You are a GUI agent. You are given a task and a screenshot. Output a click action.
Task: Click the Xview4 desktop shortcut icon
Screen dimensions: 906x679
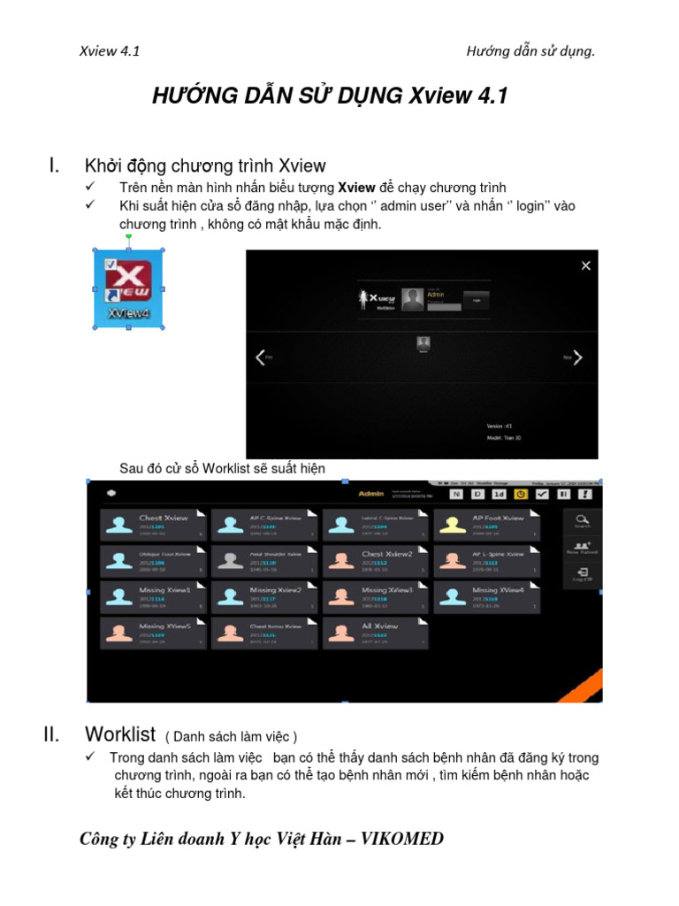(x=128, y=289)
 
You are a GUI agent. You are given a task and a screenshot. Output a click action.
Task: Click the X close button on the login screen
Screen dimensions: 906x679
(x=584, y=265)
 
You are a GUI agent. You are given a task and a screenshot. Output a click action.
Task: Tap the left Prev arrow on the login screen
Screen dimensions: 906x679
(x=260, y=357)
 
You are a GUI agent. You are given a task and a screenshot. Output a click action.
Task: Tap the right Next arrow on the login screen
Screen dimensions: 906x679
(x=577, y=357)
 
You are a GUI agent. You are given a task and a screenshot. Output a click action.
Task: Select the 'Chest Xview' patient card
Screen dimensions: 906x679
(x=153, y=526)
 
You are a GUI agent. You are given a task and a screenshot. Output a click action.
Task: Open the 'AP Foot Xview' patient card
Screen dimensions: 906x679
(x=486, y=526)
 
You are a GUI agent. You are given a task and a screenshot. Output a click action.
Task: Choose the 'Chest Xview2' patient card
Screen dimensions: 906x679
(x=375, y=561)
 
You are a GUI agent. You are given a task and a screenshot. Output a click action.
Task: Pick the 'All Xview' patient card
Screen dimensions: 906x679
(x=375, y=633)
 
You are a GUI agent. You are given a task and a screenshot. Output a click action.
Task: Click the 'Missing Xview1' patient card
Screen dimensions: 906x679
(x=153, y=597)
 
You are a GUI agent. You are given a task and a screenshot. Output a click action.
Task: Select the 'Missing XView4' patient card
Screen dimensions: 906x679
(x=486, y=597)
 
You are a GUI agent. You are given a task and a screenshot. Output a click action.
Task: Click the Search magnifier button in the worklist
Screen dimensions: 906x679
(x=582, y=521)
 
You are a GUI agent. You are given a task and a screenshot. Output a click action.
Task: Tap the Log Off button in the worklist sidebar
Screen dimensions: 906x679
(x=582, y=575)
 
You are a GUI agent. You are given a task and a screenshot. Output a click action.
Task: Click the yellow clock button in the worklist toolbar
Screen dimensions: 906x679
(x=522, y=494)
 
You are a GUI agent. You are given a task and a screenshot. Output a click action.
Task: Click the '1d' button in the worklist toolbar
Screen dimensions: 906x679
(x=500, y=494)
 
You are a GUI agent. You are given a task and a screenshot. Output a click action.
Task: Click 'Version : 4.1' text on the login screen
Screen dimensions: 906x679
(x=500, y=426)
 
